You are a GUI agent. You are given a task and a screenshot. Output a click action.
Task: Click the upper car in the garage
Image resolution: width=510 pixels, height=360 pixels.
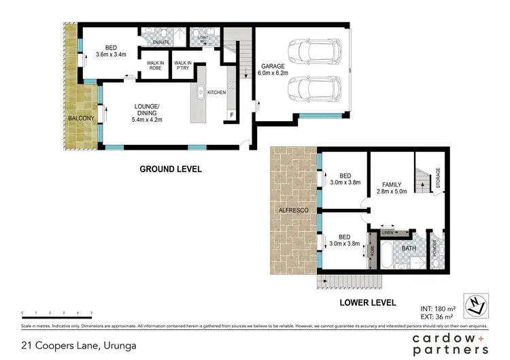(x=310, y=50)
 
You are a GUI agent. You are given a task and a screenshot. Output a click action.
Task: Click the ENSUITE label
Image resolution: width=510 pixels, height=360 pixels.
(x=160, y=42)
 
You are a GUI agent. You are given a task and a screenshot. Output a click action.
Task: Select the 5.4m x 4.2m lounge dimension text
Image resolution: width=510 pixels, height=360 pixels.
(x=147, y=120)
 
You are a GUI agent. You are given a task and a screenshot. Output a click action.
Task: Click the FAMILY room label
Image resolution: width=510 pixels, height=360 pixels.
(x=391, y=184)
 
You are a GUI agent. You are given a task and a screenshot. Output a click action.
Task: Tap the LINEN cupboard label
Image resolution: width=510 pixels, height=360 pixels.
(x=387, y=233)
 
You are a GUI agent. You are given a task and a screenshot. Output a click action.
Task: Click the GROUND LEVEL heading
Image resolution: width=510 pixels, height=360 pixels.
(x=171, y=169)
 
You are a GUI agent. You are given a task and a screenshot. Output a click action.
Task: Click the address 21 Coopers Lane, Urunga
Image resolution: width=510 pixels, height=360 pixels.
(x=78, y=346)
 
